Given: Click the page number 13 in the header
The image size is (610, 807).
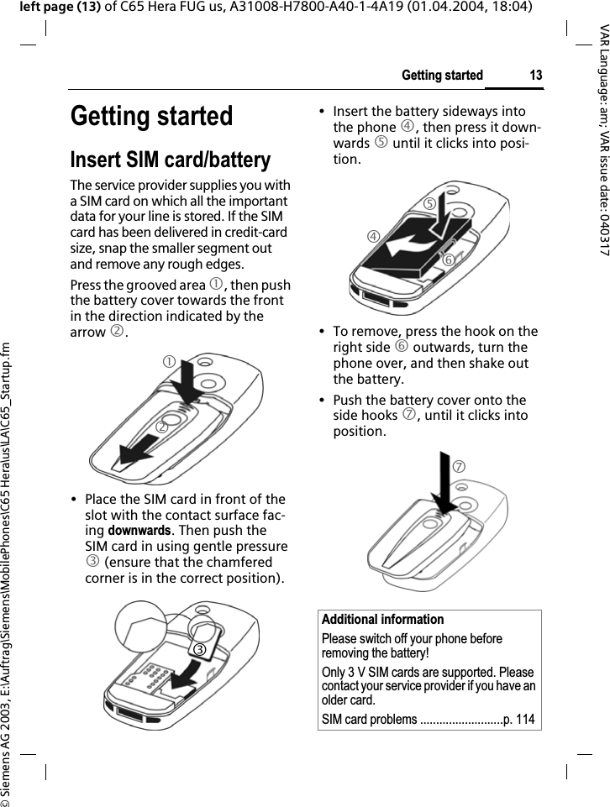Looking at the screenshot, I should (535, 76).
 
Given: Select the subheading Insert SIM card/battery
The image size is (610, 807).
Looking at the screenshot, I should (171, 160).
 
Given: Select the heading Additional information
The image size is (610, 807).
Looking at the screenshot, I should (382, 620).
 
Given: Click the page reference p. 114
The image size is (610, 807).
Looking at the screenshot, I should (518, 719).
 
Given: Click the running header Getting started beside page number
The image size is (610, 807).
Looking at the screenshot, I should (442, 76).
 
